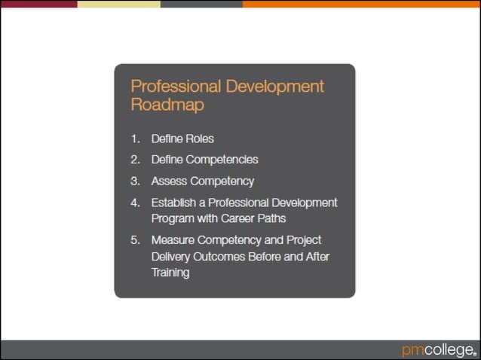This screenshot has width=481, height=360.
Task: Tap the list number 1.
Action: click(x=135, y=139)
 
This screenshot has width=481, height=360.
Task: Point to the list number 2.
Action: click(x=135, y=160)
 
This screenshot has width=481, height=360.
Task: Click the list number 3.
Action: click(x=135, y=181)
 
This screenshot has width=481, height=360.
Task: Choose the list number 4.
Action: click(x=135, y=203)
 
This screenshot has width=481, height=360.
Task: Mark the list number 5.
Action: click(x=135, y=240)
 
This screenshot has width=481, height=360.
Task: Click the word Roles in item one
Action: click(x=201, y=139)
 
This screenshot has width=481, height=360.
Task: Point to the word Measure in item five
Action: click(x=172, y=240)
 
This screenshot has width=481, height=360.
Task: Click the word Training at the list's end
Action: click(x=170, y=273)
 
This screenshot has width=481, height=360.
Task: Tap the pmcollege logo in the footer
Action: click(x=438, y=349)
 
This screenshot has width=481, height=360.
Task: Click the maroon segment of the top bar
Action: click(x=38, y=4)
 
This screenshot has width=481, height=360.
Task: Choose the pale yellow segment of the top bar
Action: click(x=118, y=4)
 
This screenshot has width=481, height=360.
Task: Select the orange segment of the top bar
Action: click(x=361, y=4)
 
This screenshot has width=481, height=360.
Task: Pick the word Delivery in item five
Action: click(x=172, y=256)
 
